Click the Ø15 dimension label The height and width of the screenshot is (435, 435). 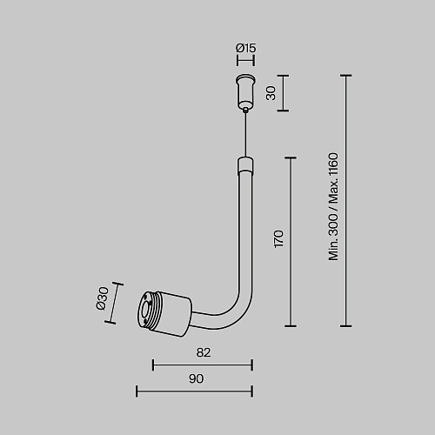246,48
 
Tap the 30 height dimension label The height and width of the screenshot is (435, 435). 271,93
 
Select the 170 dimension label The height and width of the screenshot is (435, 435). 278,239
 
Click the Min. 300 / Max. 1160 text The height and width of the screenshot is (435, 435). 333,207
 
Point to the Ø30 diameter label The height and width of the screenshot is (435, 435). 102,298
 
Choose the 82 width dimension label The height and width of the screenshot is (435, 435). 204,352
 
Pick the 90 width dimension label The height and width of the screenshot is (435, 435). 197,378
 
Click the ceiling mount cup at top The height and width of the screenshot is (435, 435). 245,91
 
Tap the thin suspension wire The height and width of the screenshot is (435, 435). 246,134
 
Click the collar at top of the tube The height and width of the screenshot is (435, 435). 245,165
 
